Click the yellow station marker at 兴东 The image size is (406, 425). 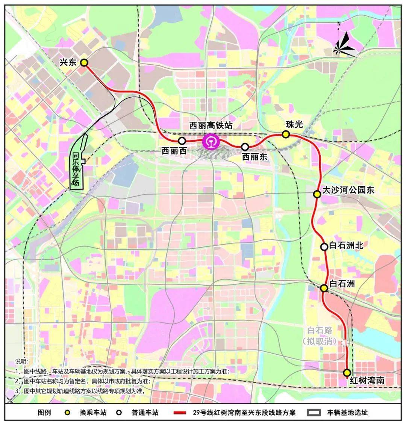click(84, 62)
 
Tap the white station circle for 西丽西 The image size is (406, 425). click(182, 141)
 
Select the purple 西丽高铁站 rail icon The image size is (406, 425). click(210, 142)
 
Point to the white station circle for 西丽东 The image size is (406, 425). click(245, 147)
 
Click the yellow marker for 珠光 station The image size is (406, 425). click(286, 134)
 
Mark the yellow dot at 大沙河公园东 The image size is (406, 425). click(317, 194)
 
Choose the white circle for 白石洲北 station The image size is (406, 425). click(324, 247)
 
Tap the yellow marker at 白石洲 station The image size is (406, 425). click(324, 288)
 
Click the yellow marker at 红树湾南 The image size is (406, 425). click(347, 372)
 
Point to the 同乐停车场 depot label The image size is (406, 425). click(76, 169)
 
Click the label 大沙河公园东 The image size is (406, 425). click(349, 190)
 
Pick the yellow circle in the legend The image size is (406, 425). click(68, 412)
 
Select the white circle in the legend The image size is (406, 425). click(118, 412)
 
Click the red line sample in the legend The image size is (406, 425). click(181, 413)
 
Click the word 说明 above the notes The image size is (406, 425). click(21, 361)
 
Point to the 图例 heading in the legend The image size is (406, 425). click(44, 412)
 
